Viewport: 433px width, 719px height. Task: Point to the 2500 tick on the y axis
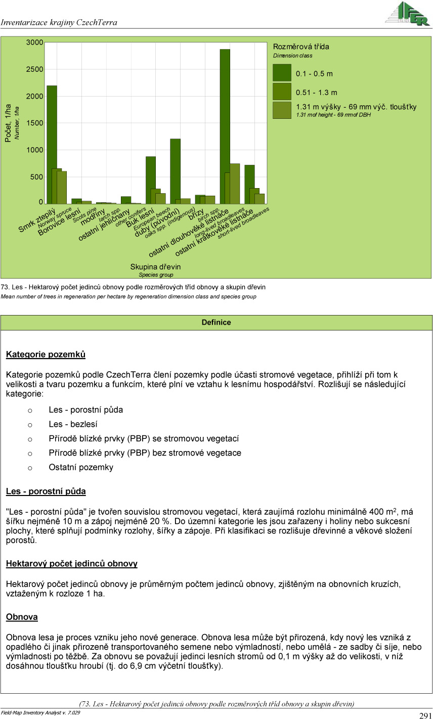(35, 69)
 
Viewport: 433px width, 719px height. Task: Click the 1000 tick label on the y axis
(35, 150)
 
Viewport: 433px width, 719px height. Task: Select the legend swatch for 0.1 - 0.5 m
(282, 73)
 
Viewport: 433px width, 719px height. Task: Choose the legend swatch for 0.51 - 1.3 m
(282, 92)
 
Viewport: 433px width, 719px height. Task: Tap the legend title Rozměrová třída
(301, 47)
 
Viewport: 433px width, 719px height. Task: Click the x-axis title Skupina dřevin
(155, 266)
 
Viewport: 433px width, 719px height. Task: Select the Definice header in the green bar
(216, 322)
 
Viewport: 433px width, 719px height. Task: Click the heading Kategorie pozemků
(46, 354)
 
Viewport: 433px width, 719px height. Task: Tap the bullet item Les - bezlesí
(73, 424)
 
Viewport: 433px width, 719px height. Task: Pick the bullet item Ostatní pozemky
(81, 467)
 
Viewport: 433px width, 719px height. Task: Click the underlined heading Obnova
(22, 617)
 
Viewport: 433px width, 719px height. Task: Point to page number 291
(425, 715)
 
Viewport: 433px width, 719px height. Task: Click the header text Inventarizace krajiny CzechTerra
(59, 22)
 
